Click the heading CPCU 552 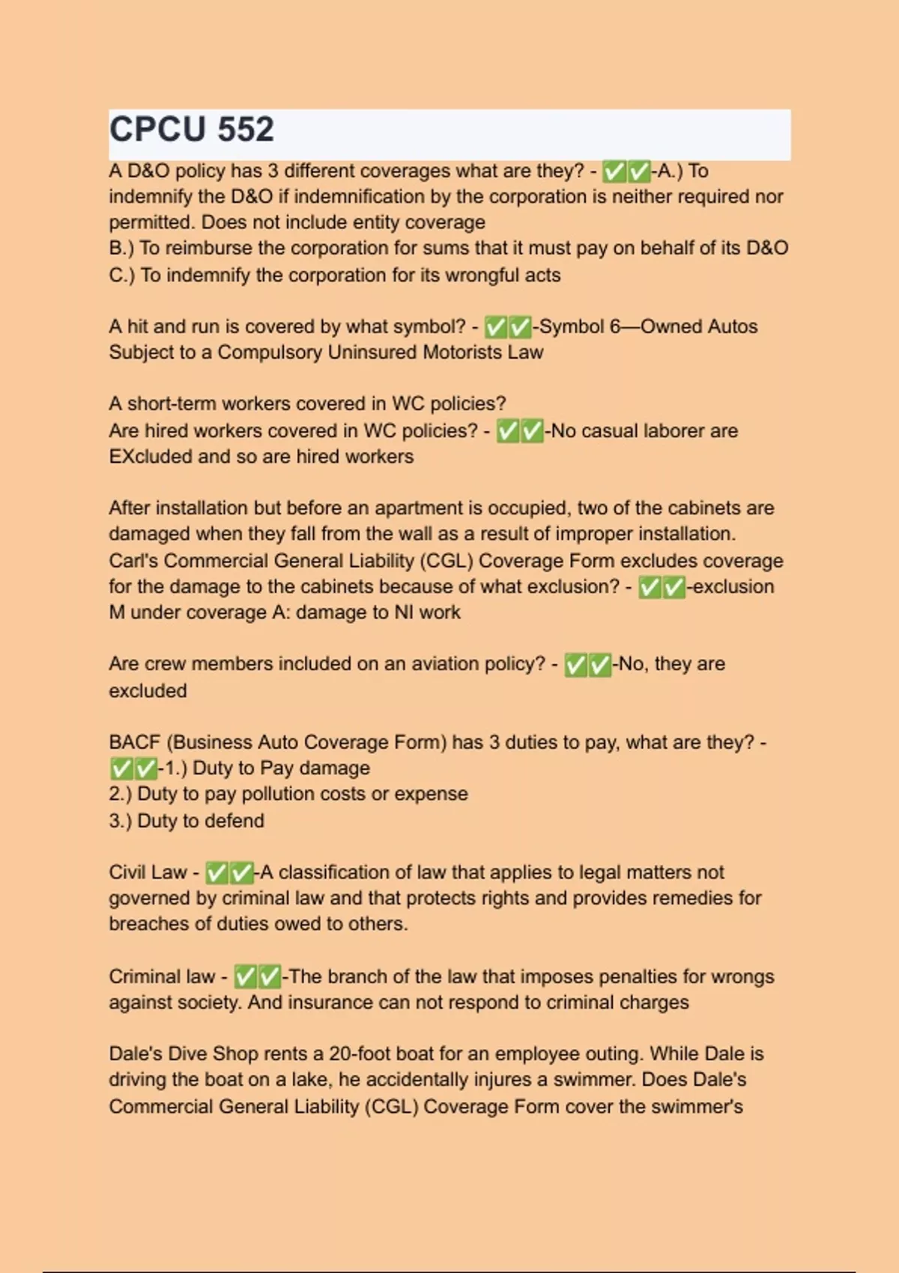pyautogui.click(x=192, y=130)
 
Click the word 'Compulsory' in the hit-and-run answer pyautogui.click(x=270, y=353)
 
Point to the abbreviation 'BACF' pyautogui.click(x=135, y=743)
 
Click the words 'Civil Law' pyautogui.click(x=148, y=872)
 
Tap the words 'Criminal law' pyautogui.click(x=162, y=977)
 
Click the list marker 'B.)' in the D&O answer pyautogui.click(x=121, y=249)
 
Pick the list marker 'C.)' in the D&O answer pyautogui.click(x=121, y=276)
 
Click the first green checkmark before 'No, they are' pyautogui.click(x=575, y=665)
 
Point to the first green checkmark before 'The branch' pyautogui.click(x=246, y=977)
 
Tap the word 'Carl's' pyautogui.click(x=133, y=562)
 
